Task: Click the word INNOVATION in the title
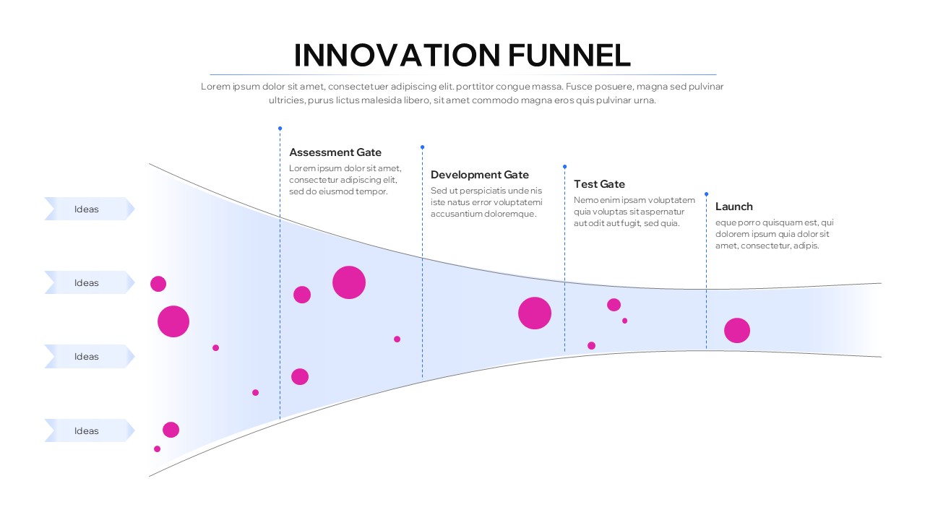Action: click(x=396, y=56)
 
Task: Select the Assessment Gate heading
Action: click(x=335, y=152)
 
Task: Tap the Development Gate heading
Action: click(x=480, y=175)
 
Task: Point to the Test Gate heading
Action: click(x=599, y=184)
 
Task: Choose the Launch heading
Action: click(x=733, y=207)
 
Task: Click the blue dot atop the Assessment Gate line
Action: click(x=280, y=129)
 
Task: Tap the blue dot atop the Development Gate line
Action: click(x=423, y=147)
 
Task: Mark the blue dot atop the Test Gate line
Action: click(x=564, y=166)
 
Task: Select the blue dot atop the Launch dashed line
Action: click(x=706, y=194)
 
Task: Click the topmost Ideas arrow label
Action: click(x=87, y=209)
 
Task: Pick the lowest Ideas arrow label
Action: click(x=87, y=431)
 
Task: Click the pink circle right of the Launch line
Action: click(x=737, y=331)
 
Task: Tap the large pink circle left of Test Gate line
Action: click(x=535, y=313)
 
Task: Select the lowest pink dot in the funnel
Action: click(x=157, y=449)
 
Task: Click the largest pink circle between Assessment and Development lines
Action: click(x=349, y=282)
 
